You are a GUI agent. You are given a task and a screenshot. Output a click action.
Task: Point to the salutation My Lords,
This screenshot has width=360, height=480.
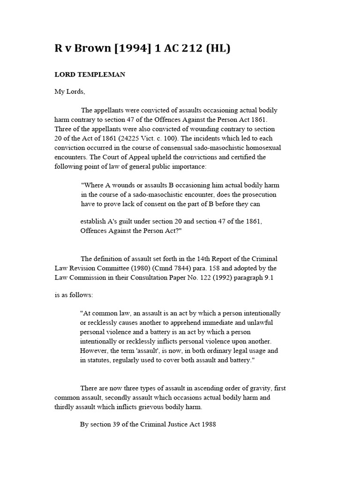point(70,92)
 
